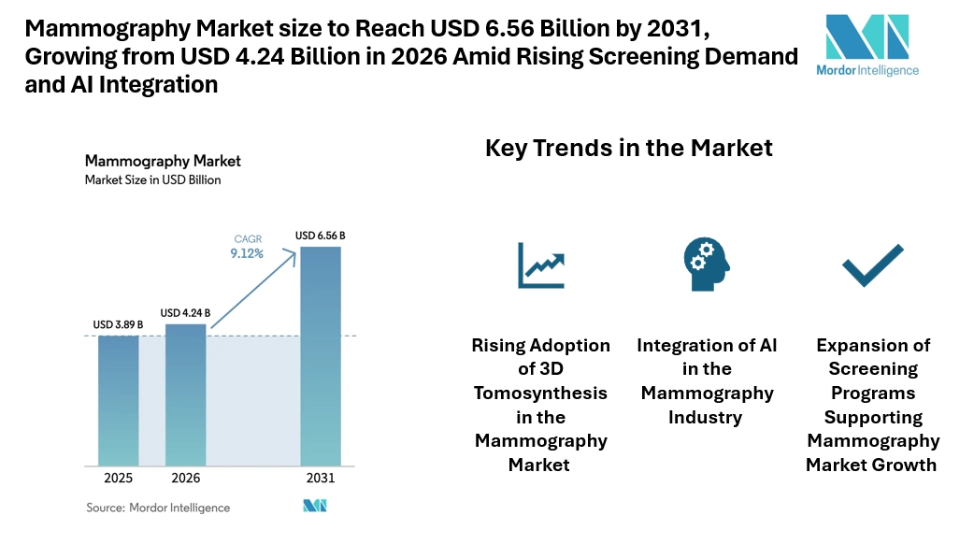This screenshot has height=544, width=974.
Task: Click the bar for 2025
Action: coord(119,399)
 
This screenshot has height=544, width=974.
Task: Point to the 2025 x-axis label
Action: coord(119,478)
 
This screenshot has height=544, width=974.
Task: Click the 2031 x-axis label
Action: coord(320,478)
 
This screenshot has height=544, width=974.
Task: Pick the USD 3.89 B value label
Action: coord(119,324)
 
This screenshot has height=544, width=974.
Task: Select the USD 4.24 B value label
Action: coord(185,312)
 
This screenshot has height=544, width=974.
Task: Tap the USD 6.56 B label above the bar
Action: coord(320,236)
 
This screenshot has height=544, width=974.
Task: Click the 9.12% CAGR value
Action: coord(247,253)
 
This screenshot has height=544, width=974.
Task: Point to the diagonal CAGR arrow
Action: coord(251,292)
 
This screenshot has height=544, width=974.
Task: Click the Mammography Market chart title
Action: coord(163,161)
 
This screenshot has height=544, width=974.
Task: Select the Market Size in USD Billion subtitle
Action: coord(152,179)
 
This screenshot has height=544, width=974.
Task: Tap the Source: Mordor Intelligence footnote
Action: coord(158,508)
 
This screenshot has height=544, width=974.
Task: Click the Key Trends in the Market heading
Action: coord(629,148)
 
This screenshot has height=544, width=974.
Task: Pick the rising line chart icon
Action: coord(541,265)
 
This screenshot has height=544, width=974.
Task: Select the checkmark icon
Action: coord(872,265)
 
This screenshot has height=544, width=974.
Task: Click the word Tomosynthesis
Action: coord(540,393)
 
